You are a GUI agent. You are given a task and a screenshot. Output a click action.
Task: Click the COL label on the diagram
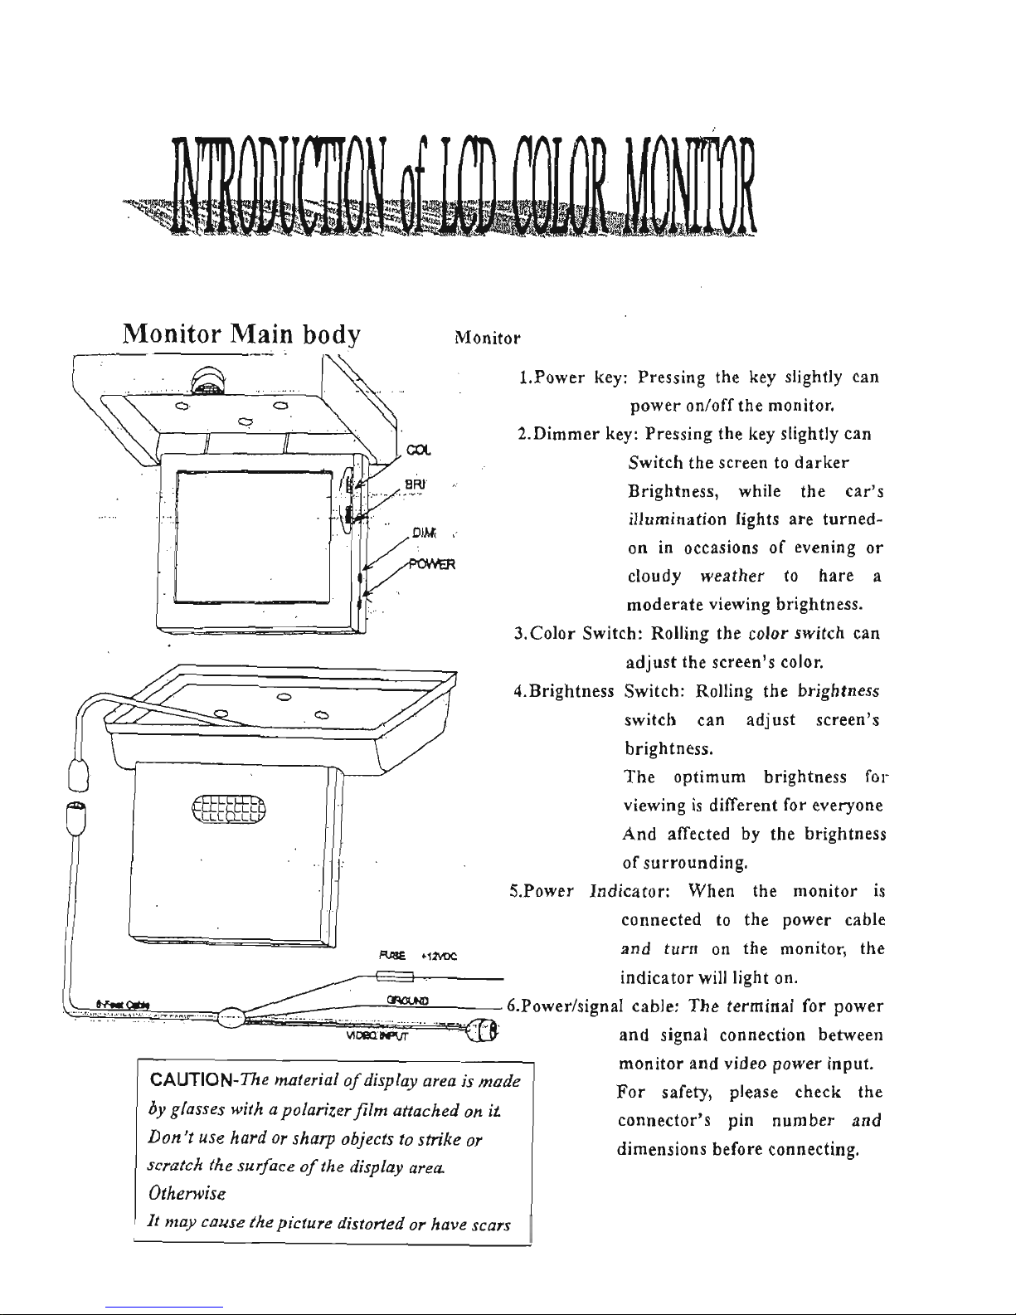[x=420, y=451]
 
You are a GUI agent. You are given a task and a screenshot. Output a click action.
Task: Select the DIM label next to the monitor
[x=423, y=533]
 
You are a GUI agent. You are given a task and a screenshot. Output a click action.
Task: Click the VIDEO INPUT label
[x=380, y=1035]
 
